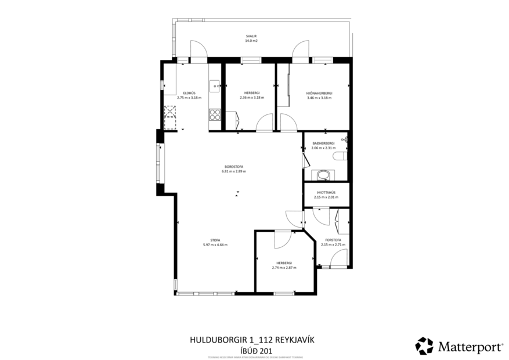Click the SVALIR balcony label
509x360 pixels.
(251, 36)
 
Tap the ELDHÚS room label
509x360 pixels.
(189, 93)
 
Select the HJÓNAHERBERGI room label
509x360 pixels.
(319, 93)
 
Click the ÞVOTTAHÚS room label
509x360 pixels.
(325, 192)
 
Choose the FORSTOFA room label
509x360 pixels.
(333, 240)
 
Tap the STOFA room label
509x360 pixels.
(215, 240)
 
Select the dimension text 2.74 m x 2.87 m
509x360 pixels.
(284, 268)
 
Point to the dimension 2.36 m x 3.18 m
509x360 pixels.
(251, 98)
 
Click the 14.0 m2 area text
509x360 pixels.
(251, 41)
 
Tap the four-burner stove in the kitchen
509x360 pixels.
(215, 114)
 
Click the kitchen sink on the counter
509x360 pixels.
(215, 86)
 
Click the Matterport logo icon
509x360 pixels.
(424, 346)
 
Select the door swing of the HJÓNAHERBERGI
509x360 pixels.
(287, 123)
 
